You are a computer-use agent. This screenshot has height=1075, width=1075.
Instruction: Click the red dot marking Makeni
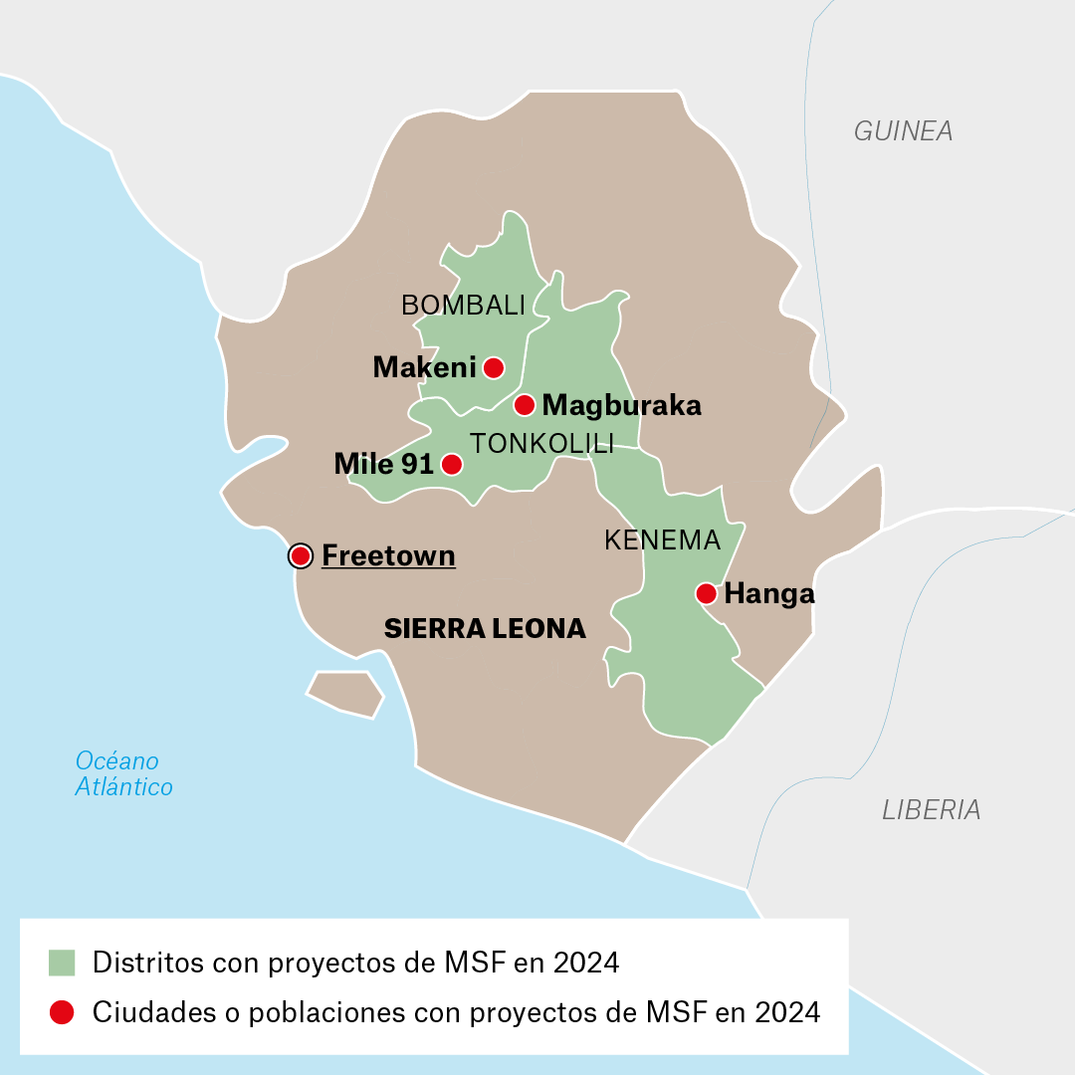[493, 367]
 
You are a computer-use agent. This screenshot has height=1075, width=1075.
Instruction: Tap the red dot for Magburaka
[525, 405]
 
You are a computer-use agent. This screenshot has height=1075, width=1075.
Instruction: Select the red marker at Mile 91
[451, 464]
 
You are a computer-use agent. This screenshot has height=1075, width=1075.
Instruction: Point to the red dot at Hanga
[706, 594]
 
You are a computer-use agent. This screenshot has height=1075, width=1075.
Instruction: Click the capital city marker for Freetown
[300, 556]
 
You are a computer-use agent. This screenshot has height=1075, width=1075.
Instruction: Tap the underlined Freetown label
[388, 555]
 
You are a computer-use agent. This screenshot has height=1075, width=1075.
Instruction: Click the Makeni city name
[424, 367]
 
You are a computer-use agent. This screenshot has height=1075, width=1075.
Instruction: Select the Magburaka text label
[622, 406]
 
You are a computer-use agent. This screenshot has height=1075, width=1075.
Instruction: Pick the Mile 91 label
[383, 464]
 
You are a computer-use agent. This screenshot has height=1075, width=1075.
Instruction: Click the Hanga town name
[769, 594]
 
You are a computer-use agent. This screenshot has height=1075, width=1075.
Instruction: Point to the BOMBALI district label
[463, 306]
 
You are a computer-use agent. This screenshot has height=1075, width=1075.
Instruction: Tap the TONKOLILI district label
[541, 444]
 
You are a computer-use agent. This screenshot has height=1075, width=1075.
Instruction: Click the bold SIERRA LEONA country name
[485, 628]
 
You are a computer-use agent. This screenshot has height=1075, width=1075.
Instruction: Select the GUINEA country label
[903, 130]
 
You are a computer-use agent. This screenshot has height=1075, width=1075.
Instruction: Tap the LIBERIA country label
[931, 810]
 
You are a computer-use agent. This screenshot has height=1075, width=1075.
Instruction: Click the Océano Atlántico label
[123, 774]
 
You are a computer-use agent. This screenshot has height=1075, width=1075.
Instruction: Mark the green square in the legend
[62, 963]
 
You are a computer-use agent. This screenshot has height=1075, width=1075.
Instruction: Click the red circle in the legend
[62, 1012]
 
